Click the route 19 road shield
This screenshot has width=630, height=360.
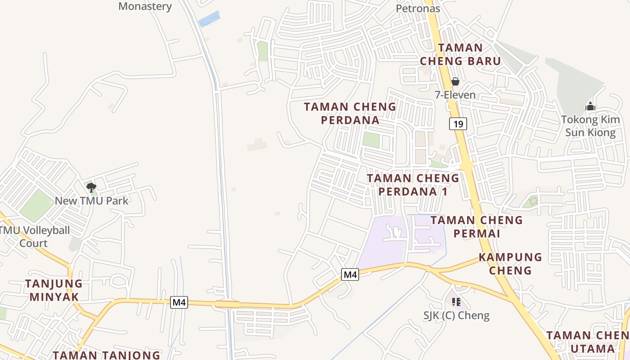pos(458,124)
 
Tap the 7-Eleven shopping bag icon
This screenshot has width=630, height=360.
pos(455,81)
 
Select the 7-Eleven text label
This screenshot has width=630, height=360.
pos(455,94)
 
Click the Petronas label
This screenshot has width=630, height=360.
pos(418,8)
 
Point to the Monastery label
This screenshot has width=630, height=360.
pos(145,6)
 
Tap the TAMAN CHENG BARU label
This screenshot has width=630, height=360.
pos(460,54)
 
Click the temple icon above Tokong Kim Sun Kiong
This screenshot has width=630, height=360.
pos(590,107)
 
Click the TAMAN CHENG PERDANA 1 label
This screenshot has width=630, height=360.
pos(413,184)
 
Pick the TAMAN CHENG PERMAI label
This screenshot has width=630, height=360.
pos(477,226)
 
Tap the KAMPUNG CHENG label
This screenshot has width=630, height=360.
pos(510,263)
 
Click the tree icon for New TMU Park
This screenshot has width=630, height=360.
pos(91,187)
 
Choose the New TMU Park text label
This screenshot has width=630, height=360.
pos(92,201)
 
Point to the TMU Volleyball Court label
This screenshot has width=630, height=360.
pos(35,237)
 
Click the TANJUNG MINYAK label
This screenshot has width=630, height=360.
pos(54,290)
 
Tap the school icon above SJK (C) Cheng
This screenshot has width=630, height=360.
pos(456,301)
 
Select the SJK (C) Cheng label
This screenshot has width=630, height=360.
pos(456,315)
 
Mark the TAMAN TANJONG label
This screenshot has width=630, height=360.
pos(106,355)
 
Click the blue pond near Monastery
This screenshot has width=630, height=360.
pos(209,19)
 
